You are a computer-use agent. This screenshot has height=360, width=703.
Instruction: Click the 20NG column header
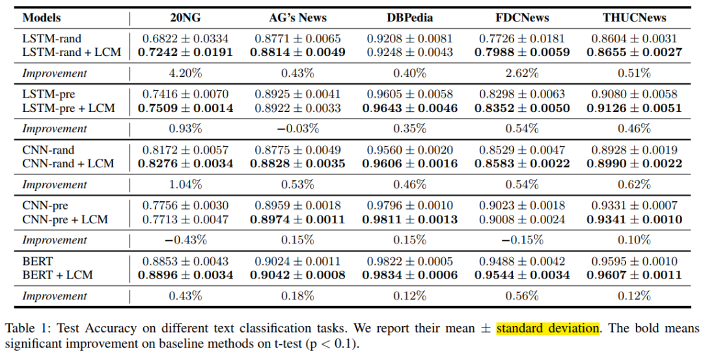pyautogui.click(x=186, y=17)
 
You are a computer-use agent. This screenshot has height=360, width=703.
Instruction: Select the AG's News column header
pyautogui.click(x=297, y=17)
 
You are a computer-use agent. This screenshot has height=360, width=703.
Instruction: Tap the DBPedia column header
pyautogui.click(x=410, y=17)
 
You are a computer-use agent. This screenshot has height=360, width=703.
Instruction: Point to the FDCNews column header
pyautogui.click(x=522, y=17)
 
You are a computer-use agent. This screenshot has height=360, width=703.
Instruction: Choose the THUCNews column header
pyautogui.click(x=634, y=17)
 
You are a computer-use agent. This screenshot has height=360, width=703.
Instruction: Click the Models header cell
pyautogui.click(x=42, y=17)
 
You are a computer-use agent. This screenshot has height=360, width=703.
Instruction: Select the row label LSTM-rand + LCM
pyautogui.click(x=72, y=52)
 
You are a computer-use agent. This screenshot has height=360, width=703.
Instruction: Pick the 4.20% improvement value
pyautogui.click(x=186, y=73)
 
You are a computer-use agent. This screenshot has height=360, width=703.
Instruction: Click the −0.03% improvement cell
pyautogui.click(x=297, y=129)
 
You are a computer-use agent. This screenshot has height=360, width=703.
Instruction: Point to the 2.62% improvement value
pyautogui.click(x=522, y=73)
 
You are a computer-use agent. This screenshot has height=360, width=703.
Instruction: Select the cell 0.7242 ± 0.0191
pyautogui.click(x=186, y=52)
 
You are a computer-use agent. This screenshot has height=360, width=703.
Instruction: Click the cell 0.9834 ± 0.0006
pyautogui.click(x=410, y=275)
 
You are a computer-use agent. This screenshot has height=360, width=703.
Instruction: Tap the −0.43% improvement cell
pyautogui.click(x=186, y=240)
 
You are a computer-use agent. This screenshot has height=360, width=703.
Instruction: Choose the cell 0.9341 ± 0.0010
pyautogui.click(x=634, y=219)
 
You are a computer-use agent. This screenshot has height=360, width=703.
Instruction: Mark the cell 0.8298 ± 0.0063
pyautogui.click(x=522, y=94)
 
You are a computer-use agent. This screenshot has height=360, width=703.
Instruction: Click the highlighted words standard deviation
pyautogui.click(x=547, y=328)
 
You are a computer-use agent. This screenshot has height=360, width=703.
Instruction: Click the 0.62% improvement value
pyautogui.click(x=634, y=184)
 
